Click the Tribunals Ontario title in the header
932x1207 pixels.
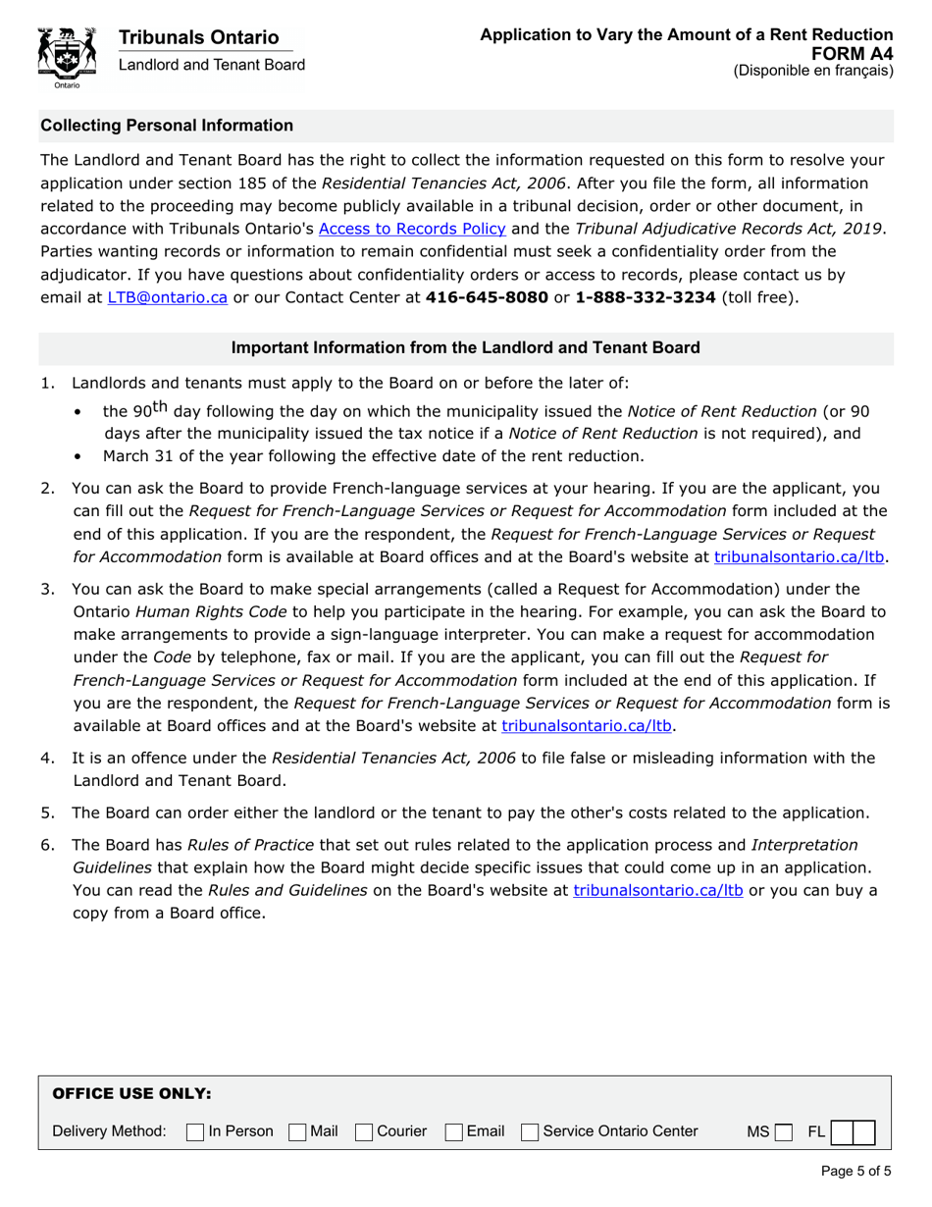pos(198,37)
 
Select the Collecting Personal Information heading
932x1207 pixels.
pos(166,126)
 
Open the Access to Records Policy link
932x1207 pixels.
pos(412,229)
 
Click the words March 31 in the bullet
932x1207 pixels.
pos(134,455)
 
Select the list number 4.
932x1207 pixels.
pos(47,758)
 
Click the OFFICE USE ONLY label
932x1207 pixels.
pos(130,1093)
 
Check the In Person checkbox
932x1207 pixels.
pos(195,1132)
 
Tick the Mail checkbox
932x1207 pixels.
pos(297,1132)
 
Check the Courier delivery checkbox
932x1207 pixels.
pos(364,1132)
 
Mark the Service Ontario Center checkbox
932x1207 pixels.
pos(530,1132)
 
